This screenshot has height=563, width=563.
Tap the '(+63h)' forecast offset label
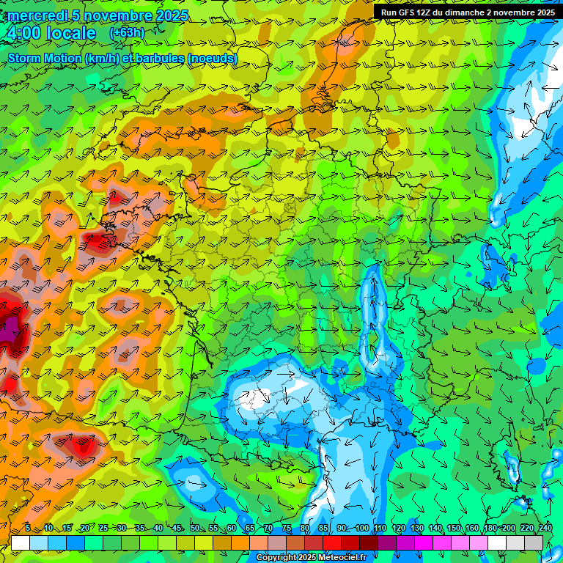(x=127, y=33)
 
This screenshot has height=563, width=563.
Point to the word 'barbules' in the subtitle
(x=159, y=58)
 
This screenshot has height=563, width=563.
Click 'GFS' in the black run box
(x=406, y=12)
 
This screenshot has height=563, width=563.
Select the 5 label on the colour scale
(x=28, y=528)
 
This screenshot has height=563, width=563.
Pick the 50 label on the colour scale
(x=195, y=528)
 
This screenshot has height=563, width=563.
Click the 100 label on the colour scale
(x=362, y=528)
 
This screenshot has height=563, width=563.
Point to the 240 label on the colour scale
(x=545, y=528)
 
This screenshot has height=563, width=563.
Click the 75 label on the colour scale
(x=287, y=528)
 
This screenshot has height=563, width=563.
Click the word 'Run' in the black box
(x=389, y=12)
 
